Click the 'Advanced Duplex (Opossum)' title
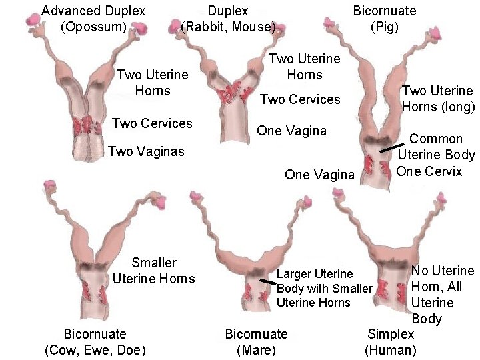93,19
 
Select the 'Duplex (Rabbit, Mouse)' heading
228,19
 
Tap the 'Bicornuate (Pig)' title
384,19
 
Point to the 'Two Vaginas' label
146,152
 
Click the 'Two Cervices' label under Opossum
152,123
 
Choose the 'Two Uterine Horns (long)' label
438,99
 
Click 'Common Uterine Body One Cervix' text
436,155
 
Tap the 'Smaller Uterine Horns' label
154,271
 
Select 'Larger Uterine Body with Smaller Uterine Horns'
323,288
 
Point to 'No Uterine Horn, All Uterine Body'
442,295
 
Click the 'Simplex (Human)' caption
391,341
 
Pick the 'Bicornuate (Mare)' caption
256,341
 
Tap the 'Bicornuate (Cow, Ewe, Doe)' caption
95,341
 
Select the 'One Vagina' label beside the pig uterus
319,175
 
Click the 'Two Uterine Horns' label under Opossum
153,83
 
